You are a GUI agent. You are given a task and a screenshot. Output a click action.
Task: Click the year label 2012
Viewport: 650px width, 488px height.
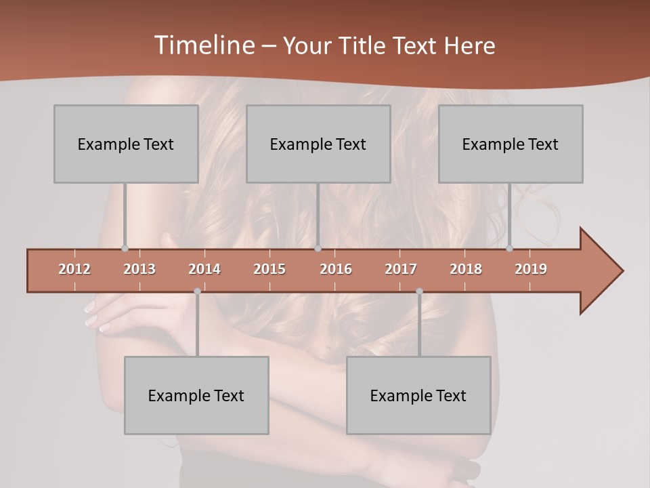(x=74, y=269)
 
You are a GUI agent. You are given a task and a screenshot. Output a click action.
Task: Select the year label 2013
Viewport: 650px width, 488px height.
(x=139, y=269)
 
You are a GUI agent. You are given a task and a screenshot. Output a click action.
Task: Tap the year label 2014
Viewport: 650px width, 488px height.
(x=204, y=269)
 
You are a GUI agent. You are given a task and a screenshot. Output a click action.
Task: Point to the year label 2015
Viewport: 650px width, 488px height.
(x=269, y=269)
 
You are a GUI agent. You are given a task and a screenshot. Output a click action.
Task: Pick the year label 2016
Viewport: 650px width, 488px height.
(x=336, y=269)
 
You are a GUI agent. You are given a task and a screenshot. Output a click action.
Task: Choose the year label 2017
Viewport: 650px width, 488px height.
(x=401, y=269)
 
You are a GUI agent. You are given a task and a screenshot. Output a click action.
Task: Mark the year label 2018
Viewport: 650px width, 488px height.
(x=466, y=269)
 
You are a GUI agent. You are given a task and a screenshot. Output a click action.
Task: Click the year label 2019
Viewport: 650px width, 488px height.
(x=531, y=269)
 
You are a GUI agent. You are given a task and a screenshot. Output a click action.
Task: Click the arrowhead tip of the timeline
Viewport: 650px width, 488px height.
(x=622, y=271)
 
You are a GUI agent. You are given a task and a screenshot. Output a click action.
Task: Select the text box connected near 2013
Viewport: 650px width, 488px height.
(x=126, y=144)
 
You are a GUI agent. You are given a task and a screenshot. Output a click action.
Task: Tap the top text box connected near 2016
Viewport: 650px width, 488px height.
(x=318, y=144)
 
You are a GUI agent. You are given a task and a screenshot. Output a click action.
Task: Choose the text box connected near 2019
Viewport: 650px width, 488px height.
(x=511, y=144)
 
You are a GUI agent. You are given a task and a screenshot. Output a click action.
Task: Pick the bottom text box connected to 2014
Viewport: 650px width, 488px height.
(x=196, y=395)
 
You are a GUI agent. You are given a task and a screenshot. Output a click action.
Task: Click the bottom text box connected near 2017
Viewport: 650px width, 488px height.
(x=418, y=395)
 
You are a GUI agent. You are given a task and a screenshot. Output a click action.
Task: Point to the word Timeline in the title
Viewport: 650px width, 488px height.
(x=203, y=45)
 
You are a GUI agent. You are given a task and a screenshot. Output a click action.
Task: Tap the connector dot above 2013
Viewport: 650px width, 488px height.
(x=125, y=249)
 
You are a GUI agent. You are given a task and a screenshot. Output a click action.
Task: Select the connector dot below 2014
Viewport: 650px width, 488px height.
(x=197, y=291)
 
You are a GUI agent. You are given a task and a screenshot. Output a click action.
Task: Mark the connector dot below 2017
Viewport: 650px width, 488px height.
(x=419, y=291)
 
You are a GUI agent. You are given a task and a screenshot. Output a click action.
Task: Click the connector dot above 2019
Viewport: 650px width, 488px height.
(x=509, y=249)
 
